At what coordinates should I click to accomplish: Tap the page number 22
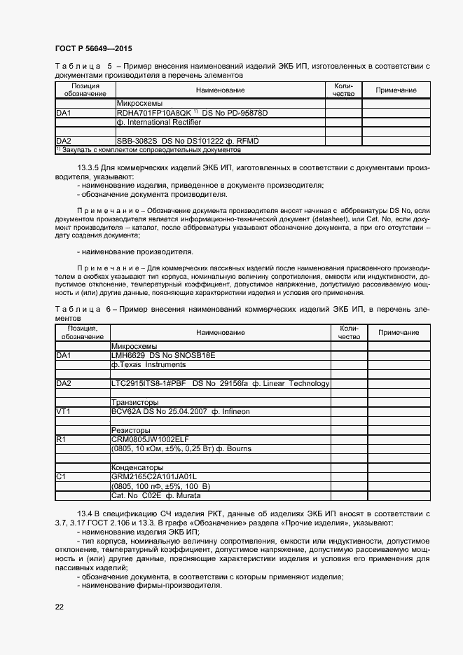pos(59,607)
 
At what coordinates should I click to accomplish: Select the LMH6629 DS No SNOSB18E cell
pos(163,356)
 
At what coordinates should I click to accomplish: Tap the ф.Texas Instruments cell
pos(147,365)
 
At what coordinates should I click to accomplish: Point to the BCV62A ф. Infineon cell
pos(180,412)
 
